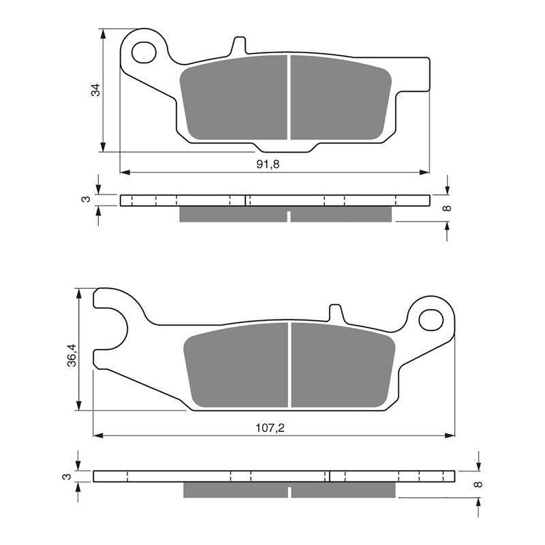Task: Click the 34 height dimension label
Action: click(96, 89)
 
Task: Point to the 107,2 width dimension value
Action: click(270, 428)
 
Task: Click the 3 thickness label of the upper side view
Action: click(84, 199)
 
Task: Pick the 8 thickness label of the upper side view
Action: click(447, 208)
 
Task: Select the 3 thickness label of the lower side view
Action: click(66, 476)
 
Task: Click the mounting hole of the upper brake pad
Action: click(144, 52)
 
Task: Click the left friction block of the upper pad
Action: click(233, 98)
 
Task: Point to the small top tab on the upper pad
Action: click(238, 46)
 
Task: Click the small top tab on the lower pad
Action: click(336, 313)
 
